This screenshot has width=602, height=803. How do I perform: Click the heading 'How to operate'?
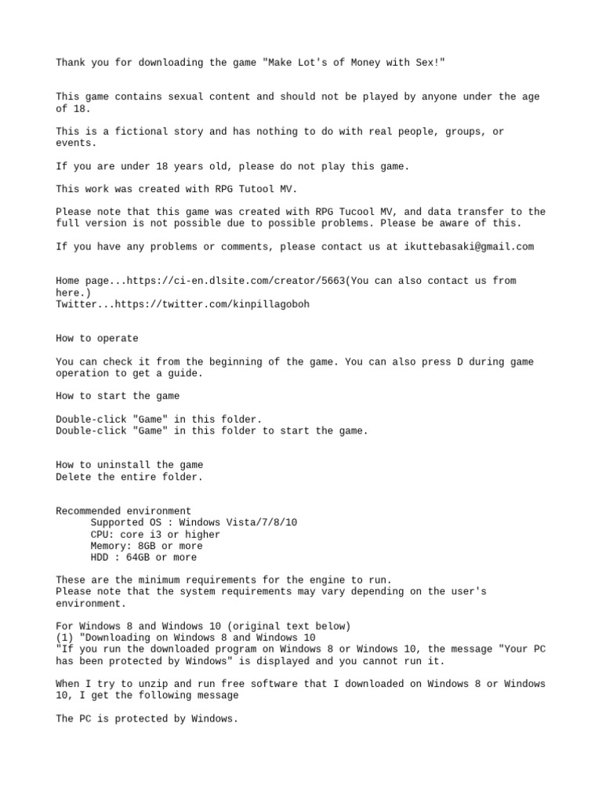point(97,339)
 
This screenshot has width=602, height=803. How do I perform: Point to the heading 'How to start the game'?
point(118,396)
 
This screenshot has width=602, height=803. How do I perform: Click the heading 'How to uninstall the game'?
point(129,465)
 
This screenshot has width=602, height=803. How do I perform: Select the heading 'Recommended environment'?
point(124,511)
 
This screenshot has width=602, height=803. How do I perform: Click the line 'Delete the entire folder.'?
point(129,476)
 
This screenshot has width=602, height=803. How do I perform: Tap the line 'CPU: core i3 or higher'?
point(156,534)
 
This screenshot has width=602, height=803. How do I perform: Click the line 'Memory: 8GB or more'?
point(147,546)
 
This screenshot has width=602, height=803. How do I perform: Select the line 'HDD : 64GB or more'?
point(144,558)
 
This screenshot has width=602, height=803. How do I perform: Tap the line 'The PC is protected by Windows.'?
point(147,718)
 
